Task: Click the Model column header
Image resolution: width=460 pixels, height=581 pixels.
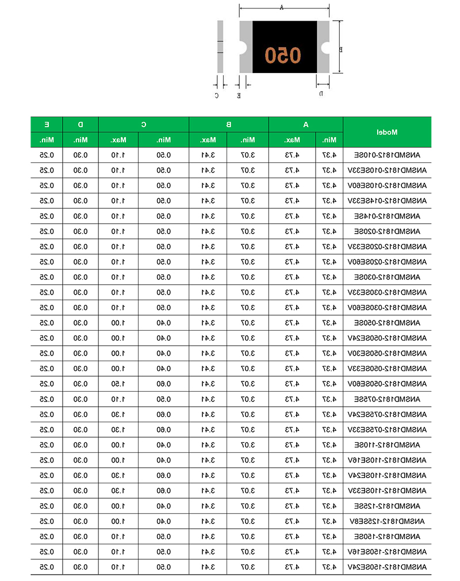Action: click(x=387, y=132)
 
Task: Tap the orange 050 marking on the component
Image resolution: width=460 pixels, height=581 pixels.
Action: click(x=283, y=55)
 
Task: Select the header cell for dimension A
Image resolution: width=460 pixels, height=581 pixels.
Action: click(x=306, y=124)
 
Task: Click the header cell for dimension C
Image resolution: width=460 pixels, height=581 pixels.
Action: click(x=144, y=124)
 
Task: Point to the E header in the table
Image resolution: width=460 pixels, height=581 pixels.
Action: click(x=47, y=124)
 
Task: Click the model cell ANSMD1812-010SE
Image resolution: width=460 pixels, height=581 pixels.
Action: click(x=387, y=155)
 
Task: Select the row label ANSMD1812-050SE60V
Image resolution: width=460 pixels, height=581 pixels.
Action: click(x=387, y=384)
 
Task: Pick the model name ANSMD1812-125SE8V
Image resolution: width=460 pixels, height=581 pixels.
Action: click(x=387, y=521)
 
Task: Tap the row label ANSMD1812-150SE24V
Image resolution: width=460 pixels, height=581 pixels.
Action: click(x=387, y=567)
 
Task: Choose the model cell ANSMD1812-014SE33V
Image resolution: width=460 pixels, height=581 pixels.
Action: click(x=387, y=201)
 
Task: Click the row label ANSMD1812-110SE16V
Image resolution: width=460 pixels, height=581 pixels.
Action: click(x=387, y=460)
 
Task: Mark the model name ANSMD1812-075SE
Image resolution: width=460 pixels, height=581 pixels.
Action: click(x=387, y=399)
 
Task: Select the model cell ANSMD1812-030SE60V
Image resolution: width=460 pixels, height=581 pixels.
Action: click(x=387, y=307)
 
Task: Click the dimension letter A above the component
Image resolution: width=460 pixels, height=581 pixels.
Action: click(x=282, y=7)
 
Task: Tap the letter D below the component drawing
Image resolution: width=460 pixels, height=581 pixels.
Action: click(x=321, y=93)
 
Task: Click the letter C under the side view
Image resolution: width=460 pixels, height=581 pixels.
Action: click(x=217, y=95)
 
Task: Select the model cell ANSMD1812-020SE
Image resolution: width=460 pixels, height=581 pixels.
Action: click(x=387, y=231)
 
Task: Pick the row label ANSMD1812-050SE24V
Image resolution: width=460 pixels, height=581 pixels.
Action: click(x=387, y=338)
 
